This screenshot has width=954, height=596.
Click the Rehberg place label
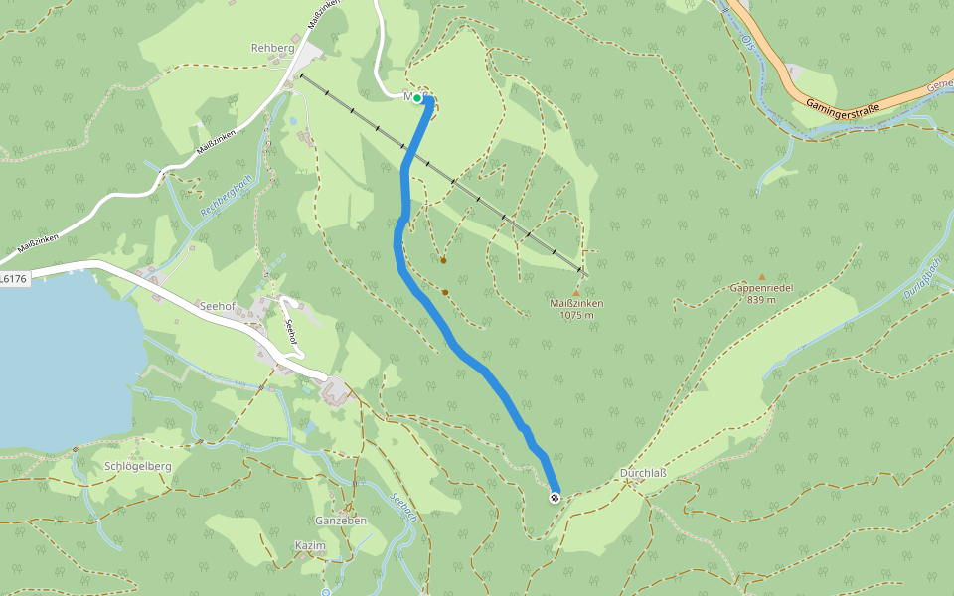pyautogui.click(x=273, y=48)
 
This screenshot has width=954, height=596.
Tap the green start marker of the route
pyautogui.click(x=418, y=98)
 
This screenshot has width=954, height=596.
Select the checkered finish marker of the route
pyautogui.click(x=555, y=498)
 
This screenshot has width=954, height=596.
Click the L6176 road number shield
pyautogui.click(x=13, y=279)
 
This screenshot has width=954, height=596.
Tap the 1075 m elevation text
pyautogui.click(x=576, y=315)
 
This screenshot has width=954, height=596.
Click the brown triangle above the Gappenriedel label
pyautogui.click(x=762, y=277)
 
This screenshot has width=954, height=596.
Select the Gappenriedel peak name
pyautogui.click(x=761, y=288)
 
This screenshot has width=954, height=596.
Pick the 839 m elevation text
pyautogui.click(x=761, y=299)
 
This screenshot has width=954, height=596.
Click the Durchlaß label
pyautogui.click(x=642, y=473)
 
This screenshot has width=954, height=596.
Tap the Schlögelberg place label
pyautogui.click(x=138, y=466)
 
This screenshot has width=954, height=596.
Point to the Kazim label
pyautogui.click(x=310, y=546)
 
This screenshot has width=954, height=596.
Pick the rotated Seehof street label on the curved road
pyautogui.click(x=291, y=333)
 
